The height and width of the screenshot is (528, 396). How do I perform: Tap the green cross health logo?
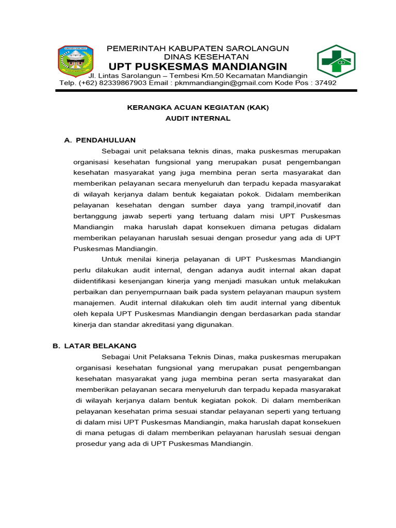pyautogui.click(x=335, y=61)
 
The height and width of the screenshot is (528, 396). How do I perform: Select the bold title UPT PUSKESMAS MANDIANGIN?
pyautogui.click(x=197, y=67)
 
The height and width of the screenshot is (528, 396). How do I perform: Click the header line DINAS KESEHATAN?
pyautogui.click(x=206, y=57)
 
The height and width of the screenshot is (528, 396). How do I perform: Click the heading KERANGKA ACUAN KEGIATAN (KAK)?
pyautogui.click(x=198, y=108)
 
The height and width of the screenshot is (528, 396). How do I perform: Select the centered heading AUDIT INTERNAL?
pyautogui.click(x=198, y=119)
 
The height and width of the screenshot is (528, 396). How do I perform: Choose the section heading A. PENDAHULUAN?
pyautogui.click(x=100, y=140)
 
